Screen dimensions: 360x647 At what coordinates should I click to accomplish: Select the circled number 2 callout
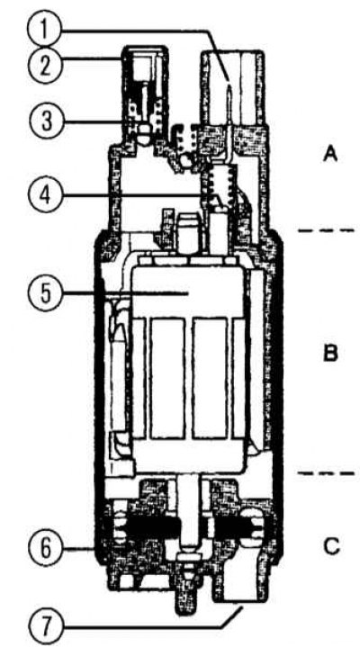[x=44, y=65]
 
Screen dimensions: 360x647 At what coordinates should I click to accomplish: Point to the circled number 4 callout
[x=44, y=193]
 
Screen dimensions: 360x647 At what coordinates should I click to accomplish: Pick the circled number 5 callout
[x=44, y=293]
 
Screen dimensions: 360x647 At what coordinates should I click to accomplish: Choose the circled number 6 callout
[x=44, y=548]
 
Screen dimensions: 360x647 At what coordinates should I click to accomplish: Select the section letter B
[x=330, y=354]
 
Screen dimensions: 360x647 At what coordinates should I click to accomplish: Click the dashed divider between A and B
[x=326, y=229]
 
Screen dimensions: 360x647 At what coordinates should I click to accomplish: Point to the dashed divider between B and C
[x=326, y=472]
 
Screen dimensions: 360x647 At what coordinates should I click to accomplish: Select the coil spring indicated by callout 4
[x=220, y=184]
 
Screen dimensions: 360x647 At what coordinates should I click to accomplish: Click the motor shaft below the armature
[x=191, y=512]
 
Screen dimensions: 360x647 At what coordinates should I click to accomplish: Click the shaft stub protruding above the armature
[x=190, y=234]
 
